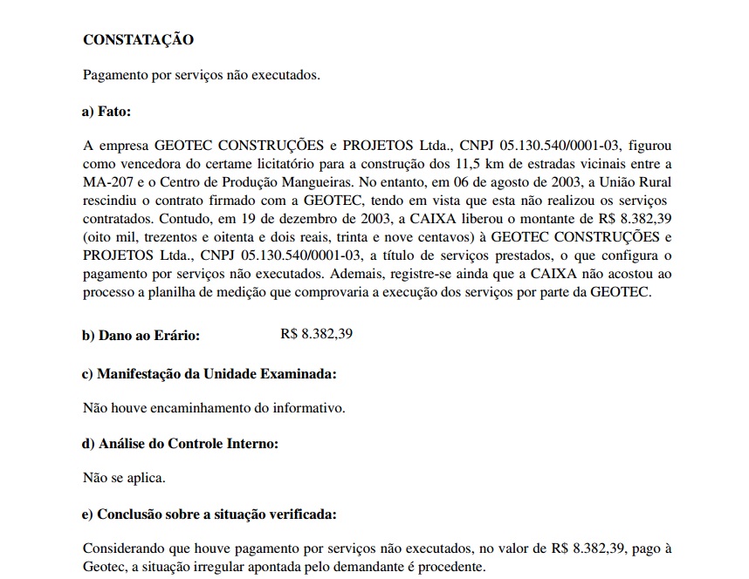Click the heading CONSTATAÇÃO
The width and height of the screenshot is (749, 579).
pos(138,40)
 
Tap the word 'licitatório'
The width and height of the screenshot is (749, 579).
pos(290,163)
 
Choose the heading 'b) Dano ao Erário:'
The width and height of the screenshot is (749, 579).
pos(141,334)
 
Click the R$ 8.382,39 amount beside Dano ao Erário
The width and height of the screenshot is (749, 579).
pos(316,334)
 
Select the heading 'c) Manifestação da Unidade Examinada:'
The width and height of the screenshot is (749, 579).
pos(209,374)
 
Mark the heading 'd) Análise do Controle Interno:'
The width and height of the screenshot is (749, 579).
pos(180,444)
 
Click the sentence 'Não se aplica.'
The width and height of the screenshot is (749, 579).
pos(123,478)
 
